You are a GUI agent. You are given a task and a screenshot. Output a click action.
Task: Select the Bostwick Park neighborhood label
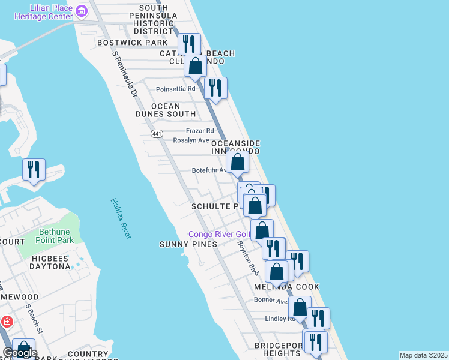coord(124,43)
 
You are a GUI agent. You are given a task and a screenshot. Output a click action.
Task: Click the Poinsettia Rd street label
coord(176,89)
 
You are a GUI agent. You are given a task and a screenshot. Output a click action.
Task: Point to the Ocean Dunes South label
coord(166,110)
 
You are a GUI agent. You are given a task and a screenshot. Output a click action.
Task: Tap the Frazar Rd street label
coord(200,130)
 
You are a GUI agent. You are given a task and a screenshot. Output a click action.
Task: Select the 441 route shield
coord(157,133)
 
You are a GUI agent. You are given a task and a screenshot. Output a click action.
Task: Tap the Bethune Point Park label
coord(55,236)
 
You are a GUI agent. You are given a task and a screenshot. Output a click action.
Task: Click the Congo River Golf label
coord(218,234)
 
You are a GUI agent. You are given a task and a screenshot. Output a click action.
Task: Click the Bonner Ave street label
coord(270,300)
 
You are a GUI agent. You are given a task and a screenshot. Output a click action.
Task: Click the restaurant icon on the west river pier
coord(34,169)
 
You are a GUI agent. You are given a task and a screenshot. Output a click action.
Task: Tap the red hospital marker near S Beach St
coord(6,321)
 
